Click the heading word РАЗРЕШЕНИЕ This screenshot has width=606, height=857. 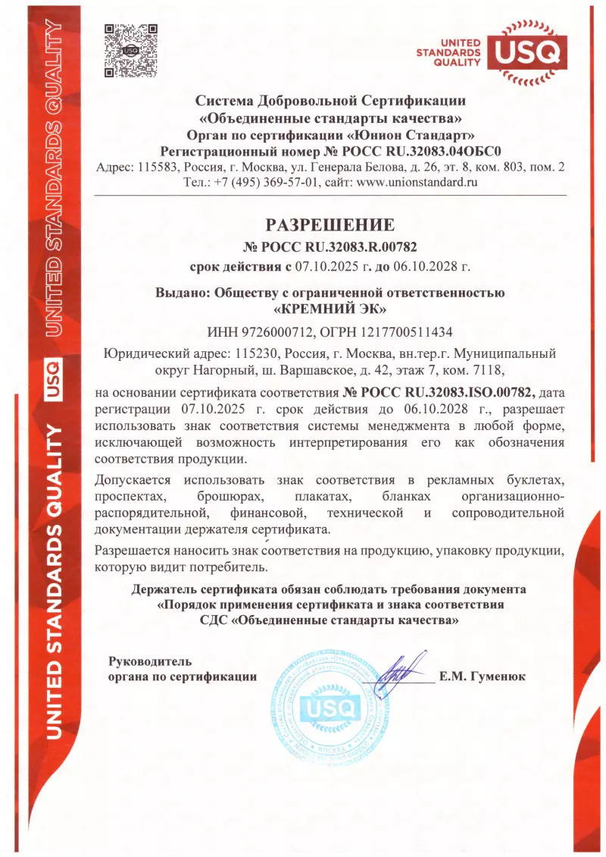pos(330,225)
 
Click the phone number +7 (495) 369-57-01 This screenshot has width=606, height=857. pos(267,182)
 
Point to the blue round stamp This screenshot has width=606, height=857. pos(326,708)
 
